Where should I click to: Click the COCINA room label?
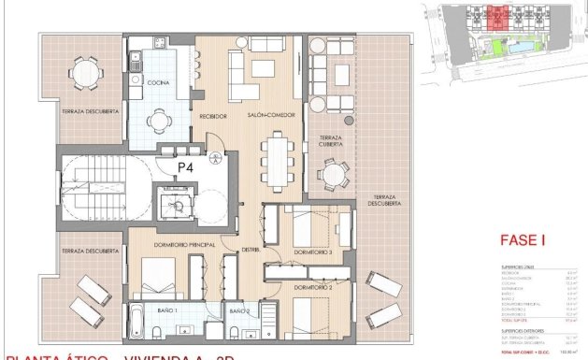tap(155, 83)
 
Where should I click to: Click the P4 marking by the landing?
tap(187, 166)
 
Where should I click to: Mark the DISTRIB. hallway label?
tap(251, 250)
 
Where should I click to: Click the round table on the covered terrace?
tap(332, 174)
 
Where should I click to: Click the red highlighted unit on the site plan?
tap(497, 16)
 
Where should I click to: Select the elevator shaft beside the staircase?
tap(174, 201)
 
